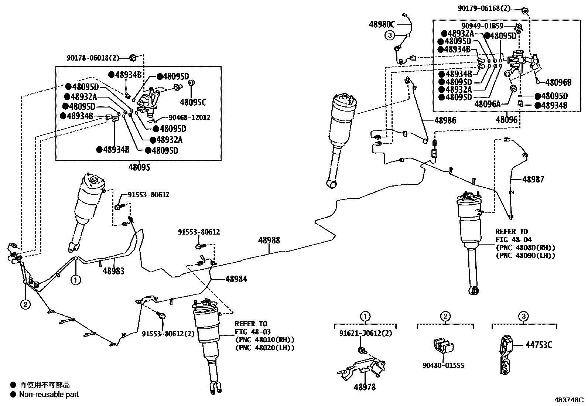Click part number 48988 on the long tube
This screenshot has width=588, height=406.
click(269, 240)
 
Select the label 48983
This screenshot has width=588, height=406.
click(113, 271)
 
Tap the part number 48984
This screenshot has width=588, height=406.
click(236, 279)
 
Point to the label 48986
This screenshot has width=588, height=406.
click(445, 120)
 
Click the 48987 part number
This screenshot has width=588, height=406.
click(533, 180)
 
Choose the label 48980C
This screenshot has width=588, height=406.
click(382, 24)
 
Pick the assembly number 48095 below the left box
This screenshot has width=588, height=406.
click(139, 167)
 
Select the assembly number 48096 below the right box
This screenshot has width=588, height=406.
click(507, 120)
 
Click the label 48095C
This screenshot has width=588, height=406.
click(193, 102)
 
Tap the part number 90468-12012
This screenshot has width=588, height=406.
click(189, 117)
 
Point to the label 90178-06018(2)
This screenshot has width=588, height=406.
click(93, 58)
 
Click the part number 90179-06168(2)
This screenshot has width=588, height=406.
click(484, 8)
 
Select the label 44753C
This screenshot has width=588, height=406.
click(539, 345)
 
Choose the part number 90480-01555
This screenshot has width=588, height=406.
click(443, 365)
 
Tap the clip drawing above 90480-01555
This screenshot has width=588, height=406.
click(444, 345)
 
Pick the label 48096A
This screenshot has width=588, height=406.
click(488, 104)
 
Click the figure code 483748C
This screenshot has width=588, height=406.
click(569, 400)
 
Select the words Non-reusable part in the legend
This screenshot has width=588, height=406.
click(49, 395)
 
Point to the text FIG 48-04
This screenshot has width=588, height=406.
click(514, 239)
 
